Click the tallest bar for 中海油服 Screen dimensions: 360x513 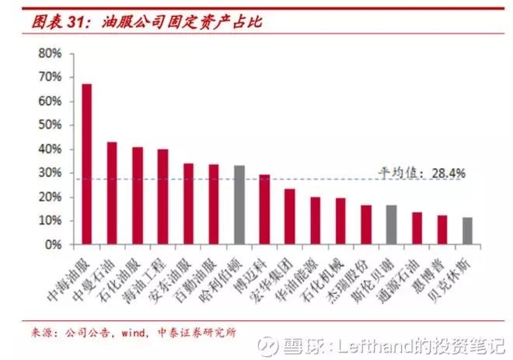pos(87,164)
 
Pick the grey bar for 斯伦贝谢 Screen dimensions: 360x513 pos(391,225)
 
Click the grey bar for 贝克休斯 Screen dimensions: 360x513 pos(467,231)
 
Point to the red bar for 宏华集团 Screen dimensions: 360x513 pos(289,216)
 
